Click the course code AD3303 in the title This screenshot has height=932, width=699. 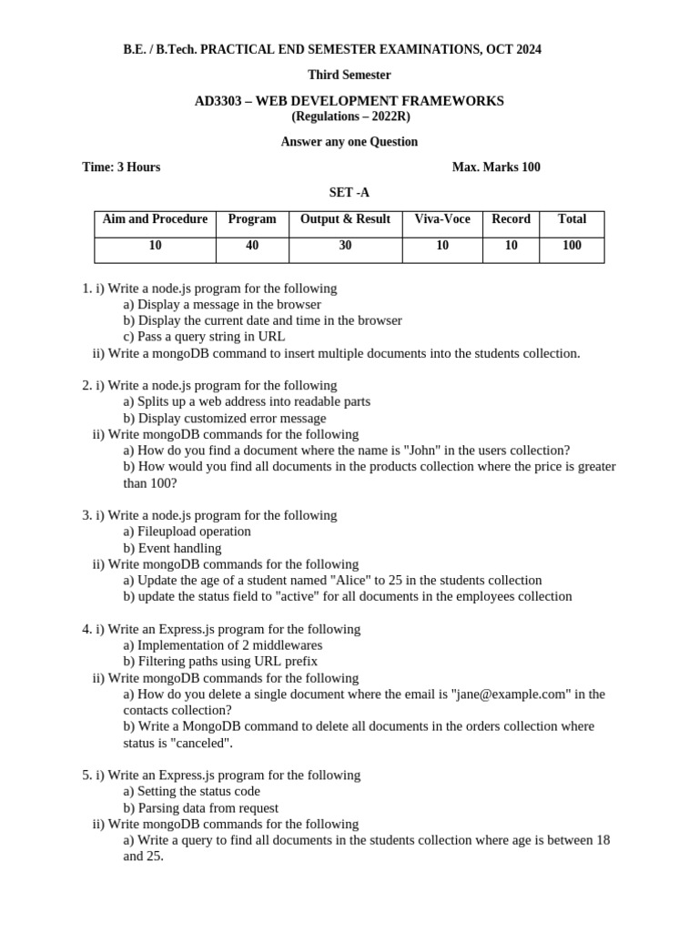coord(218,101)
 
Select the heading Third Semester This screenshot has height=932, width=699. coord(349,75)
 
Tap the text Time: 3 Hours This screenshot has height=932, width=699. coord(121,167)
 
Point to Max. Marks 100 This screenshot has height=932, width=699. coord(496,167)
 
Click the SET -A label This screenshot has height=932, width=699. coord(349,192)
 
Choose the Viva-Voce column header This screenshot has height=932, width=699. coord(442,219)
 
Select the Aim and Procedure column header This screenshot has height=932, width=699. coord(155,219)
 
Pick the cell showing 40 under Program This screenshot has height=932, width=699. coord(252,246)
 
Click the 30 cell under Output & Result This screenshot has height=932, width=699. coord(345,246)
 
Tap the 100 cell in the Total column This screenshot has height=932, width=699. coord(572,246)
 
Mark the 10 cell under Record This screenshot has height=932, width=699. coord(511,246)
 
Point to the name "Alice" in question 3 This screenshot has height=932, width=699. coord(351,581)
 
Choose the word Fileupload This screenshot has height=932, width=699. coord(167,532)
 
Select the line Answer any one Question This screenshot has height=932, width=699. coord(349,142)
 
